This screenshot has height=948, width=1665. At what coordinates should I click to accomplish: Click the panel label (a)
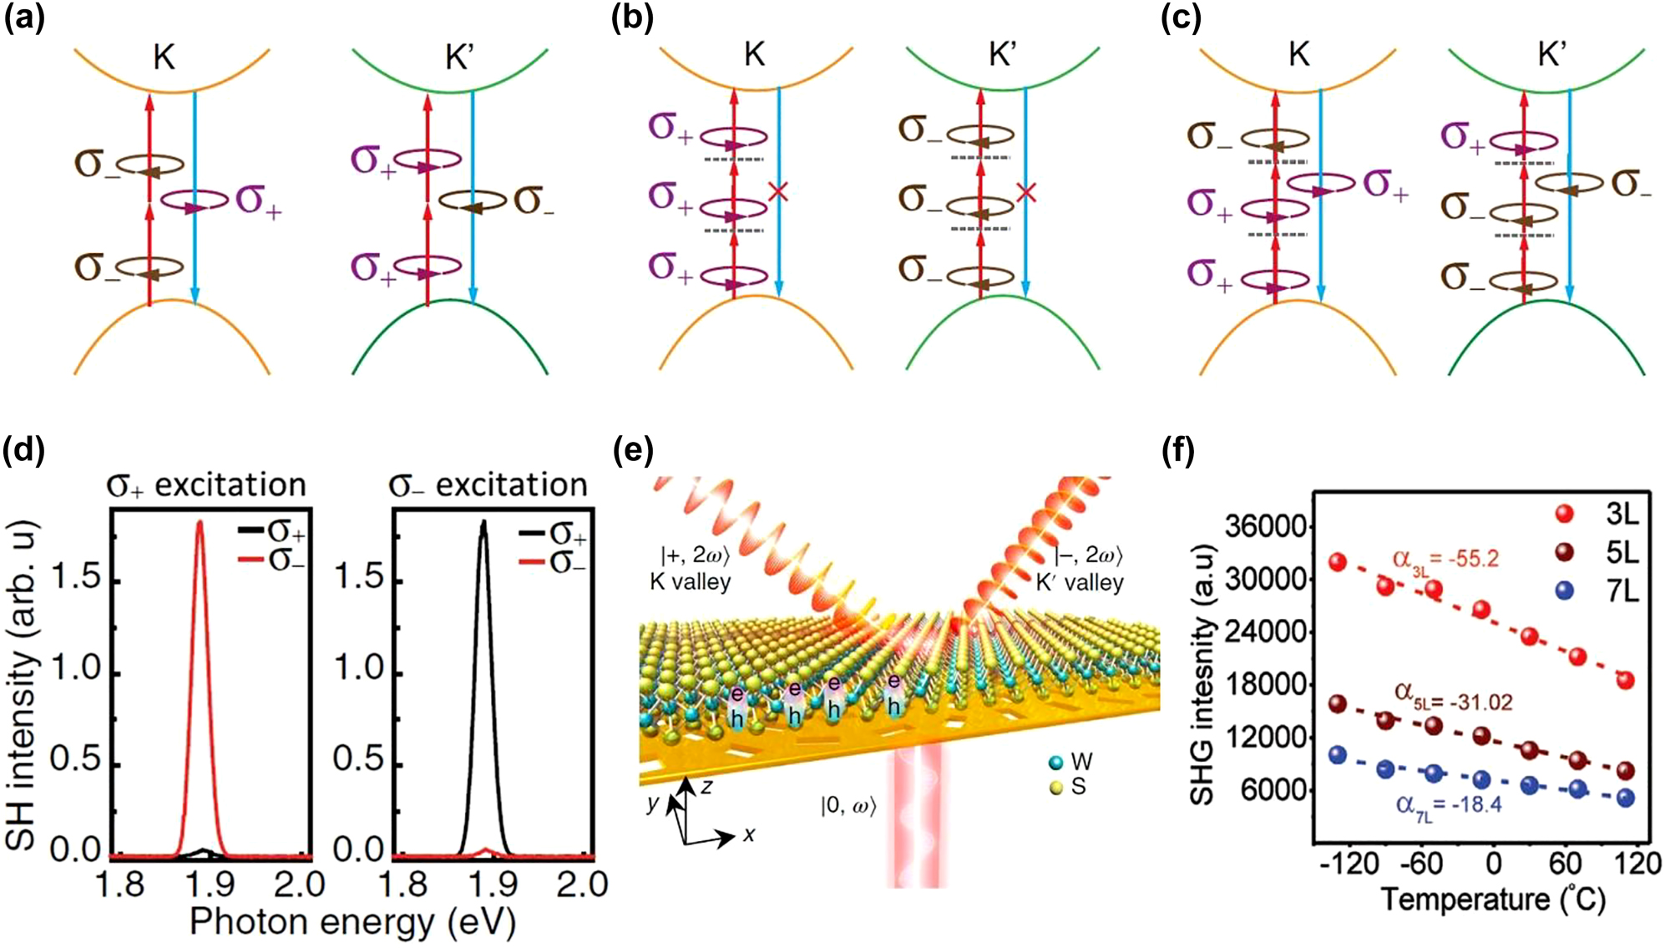click(23, 18)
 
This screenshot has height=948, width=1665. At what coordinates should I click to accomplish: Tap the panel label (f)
click(1178, 451)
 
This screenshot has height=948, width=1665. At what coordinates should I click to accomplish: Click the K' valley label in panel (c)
click(1551, 55)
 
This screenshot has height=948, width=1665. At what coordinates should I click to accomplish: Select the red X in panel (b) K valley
click(777, 192)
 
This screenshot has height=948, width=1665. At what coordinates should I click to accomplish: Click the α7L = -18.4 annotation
click(1448, 805)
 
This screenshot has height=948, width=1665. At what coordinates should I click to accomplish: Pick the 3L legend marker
click(1565, 514)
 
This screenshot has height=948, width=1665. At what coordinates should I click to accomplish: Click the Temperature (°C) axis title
click(1494, 900)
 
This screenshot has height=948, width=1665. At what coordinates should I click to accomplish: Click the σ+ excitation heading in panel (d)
click(207, 485)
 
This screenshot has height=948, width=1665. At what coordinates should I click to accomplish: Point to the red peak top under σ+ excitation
click(200, 524)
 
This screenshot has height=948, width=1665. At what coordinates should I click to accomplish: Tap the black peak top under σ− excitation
click(483, 524)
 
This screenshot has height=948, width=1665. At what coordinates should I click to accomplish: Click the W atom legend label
click(1081, 762)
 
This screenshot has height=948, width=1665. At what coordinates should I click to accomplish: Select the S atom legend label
click(1078, 787)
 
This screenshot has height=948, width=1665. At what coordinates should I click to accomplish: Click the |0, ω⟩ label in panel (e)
click(848, 806)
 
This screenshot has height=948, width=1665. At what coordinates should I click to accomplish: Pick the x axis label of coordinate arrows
click(749, 834)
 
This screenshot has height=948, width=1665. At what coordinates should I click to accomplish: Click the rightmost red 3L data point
click(1625, 680)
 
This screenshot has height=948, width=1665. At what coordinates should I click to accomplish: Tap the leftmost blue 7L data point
click(1338, 755)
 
